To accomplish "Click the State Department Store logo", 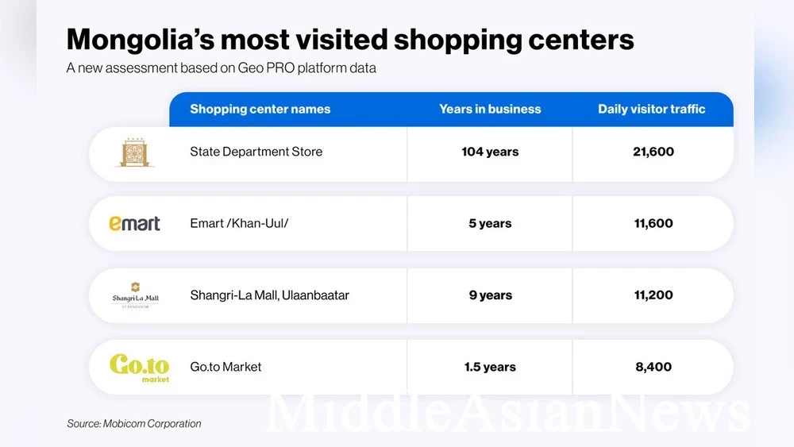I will (x=134, y=152).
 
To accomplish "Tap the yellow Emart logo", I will (x=134, y=224).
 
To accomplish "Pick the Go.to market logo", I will (x=139, y=367).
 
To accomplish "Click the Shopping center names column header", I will (x=260, y=110).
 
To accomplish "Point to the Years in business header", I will (x=490, y=110).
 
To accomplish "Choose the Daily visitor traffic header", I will (x=651, y=110).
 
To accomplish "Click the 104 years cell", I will (x=490, y=152).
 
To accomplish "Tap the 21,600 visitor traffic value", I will (x=653, y=152).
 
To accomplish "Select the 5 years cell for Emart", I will (x=490, y=224).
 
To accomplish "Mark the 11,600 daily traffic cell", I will (x=653, y=224).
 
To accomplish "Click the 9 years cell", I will (x=490, y=295).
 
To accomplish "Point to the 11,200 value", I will (x=653, y=295).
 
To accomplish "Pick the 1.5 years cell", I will (x=490, y=367).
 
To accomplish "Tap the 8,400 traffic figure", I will (x=653, y=367).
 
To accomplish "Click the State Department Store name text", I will (x=256, y=152).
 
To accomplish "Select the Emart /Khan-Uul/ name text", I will (x=239, y=224).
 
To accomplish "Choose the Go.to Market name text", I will (x=225, y=367).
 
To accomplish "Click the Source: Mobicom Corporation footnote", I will (x=133, y=424).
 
